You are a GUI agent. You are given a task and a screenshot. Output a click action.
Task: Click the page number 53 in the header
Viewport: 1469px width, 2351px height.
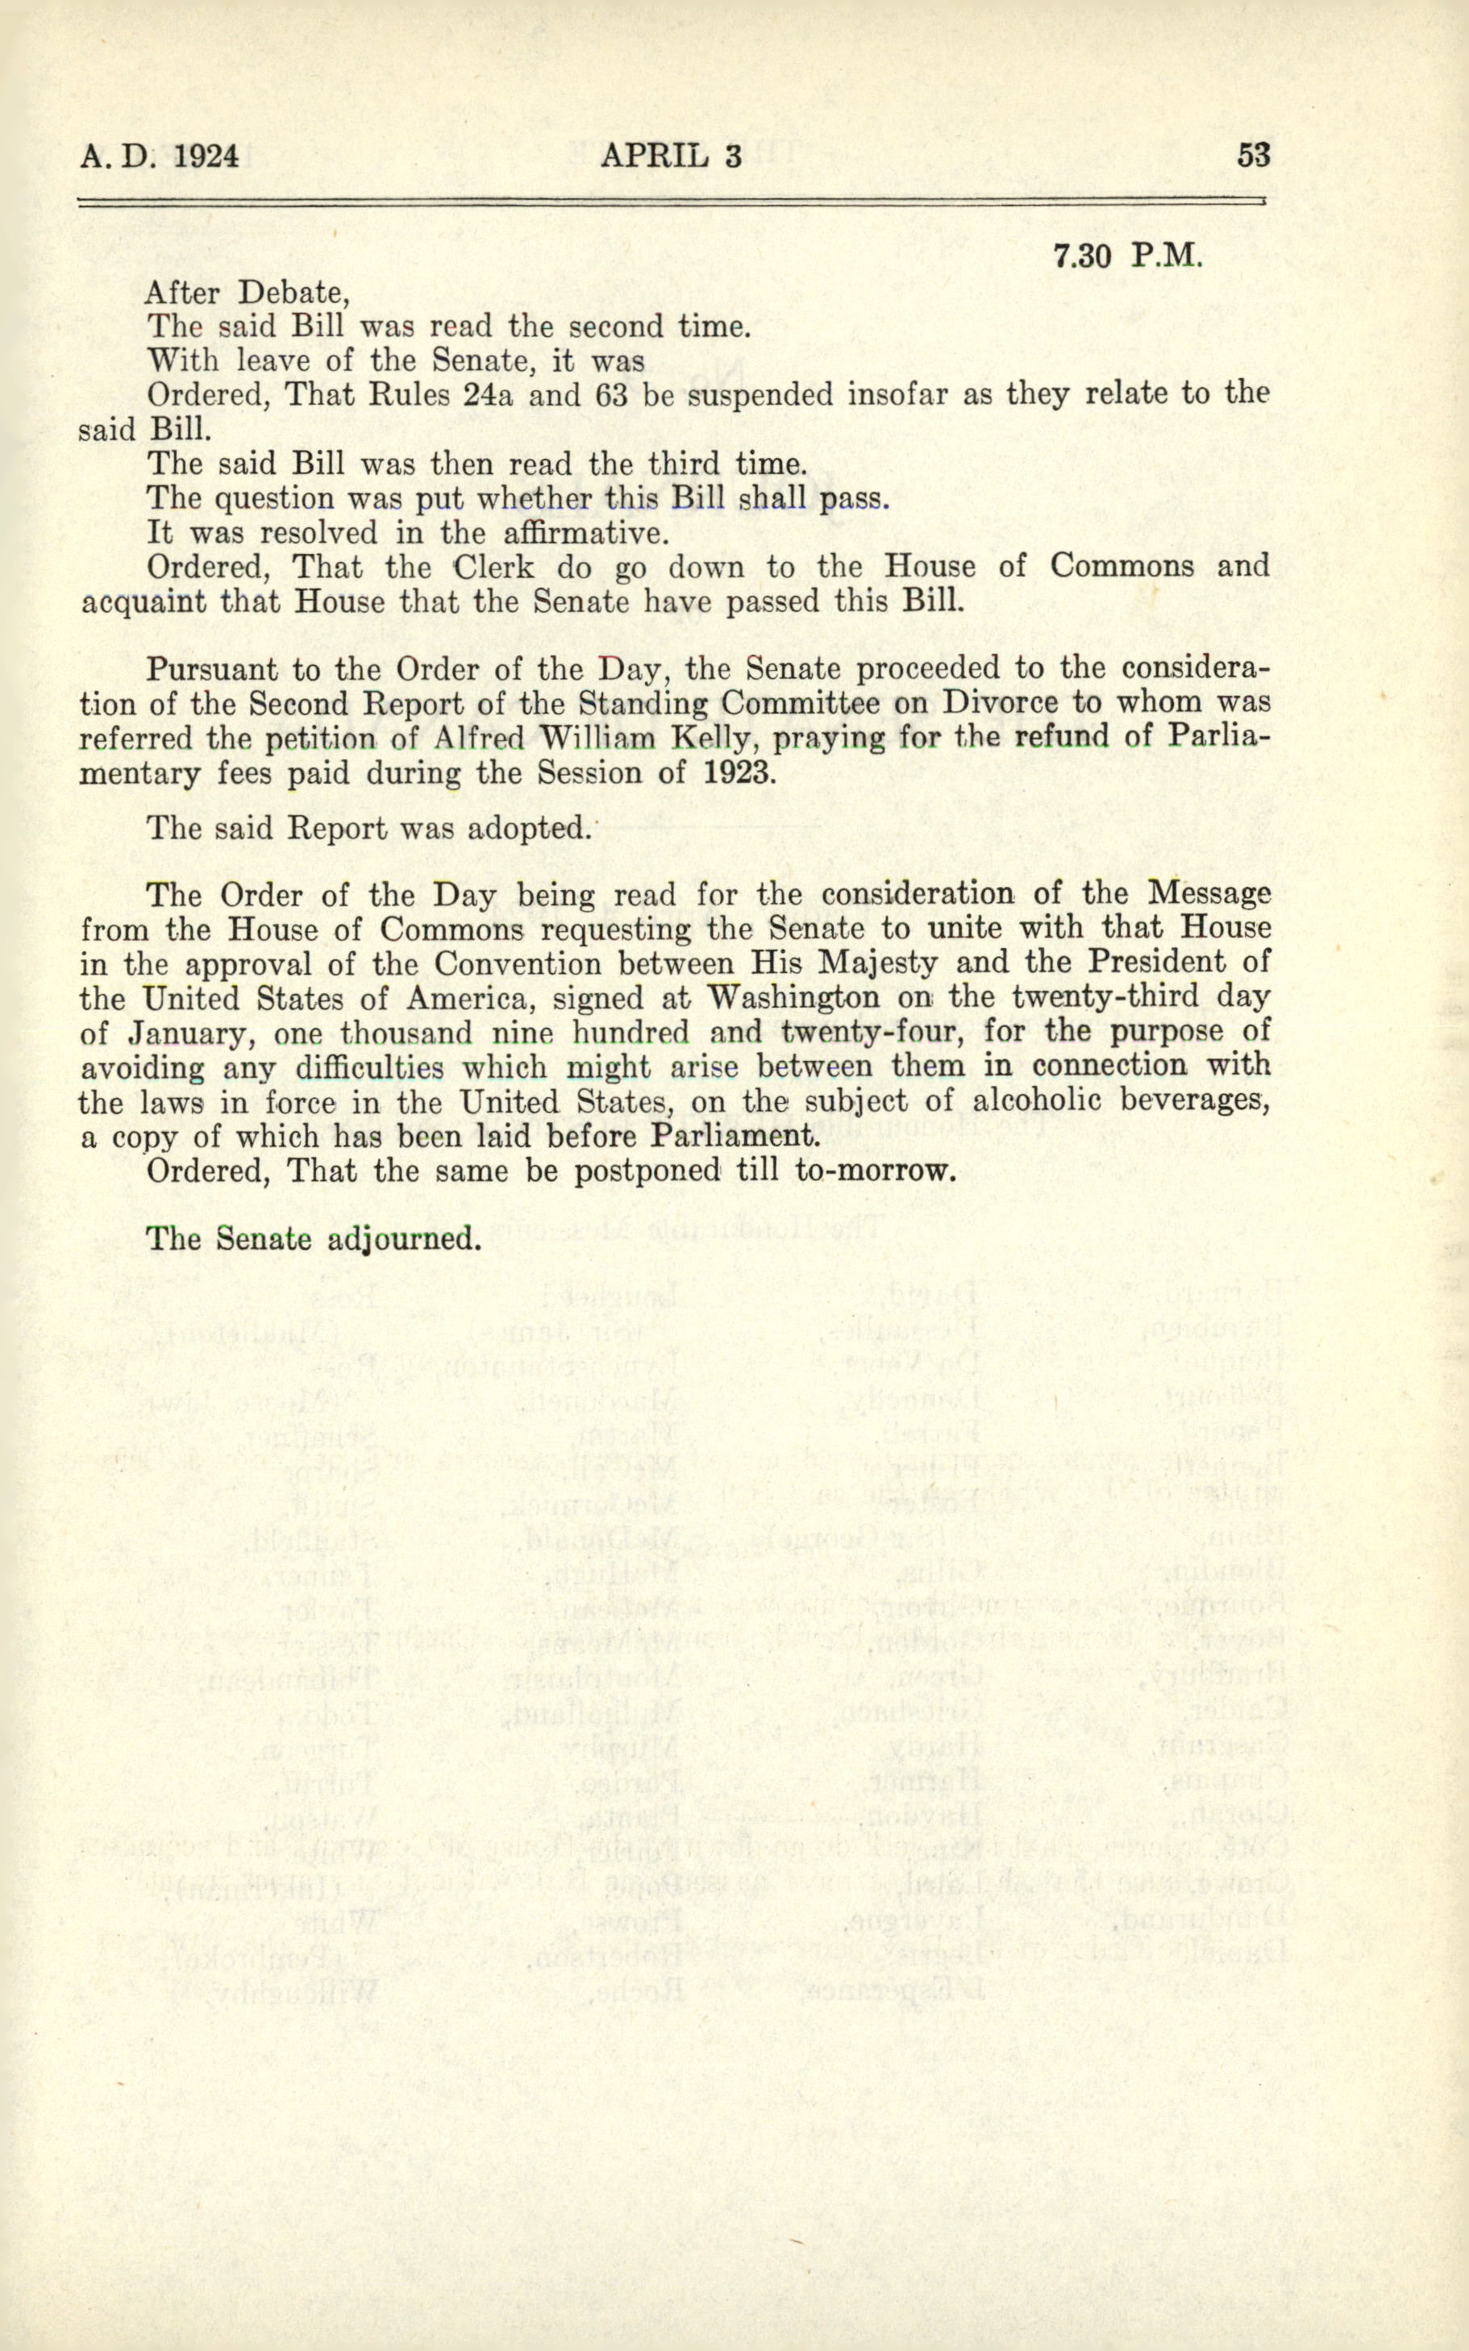click(1253, 156)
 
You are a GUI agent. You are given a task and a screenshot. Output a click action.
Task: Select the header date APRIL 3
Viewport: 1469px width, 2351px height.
click(670, 156)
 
